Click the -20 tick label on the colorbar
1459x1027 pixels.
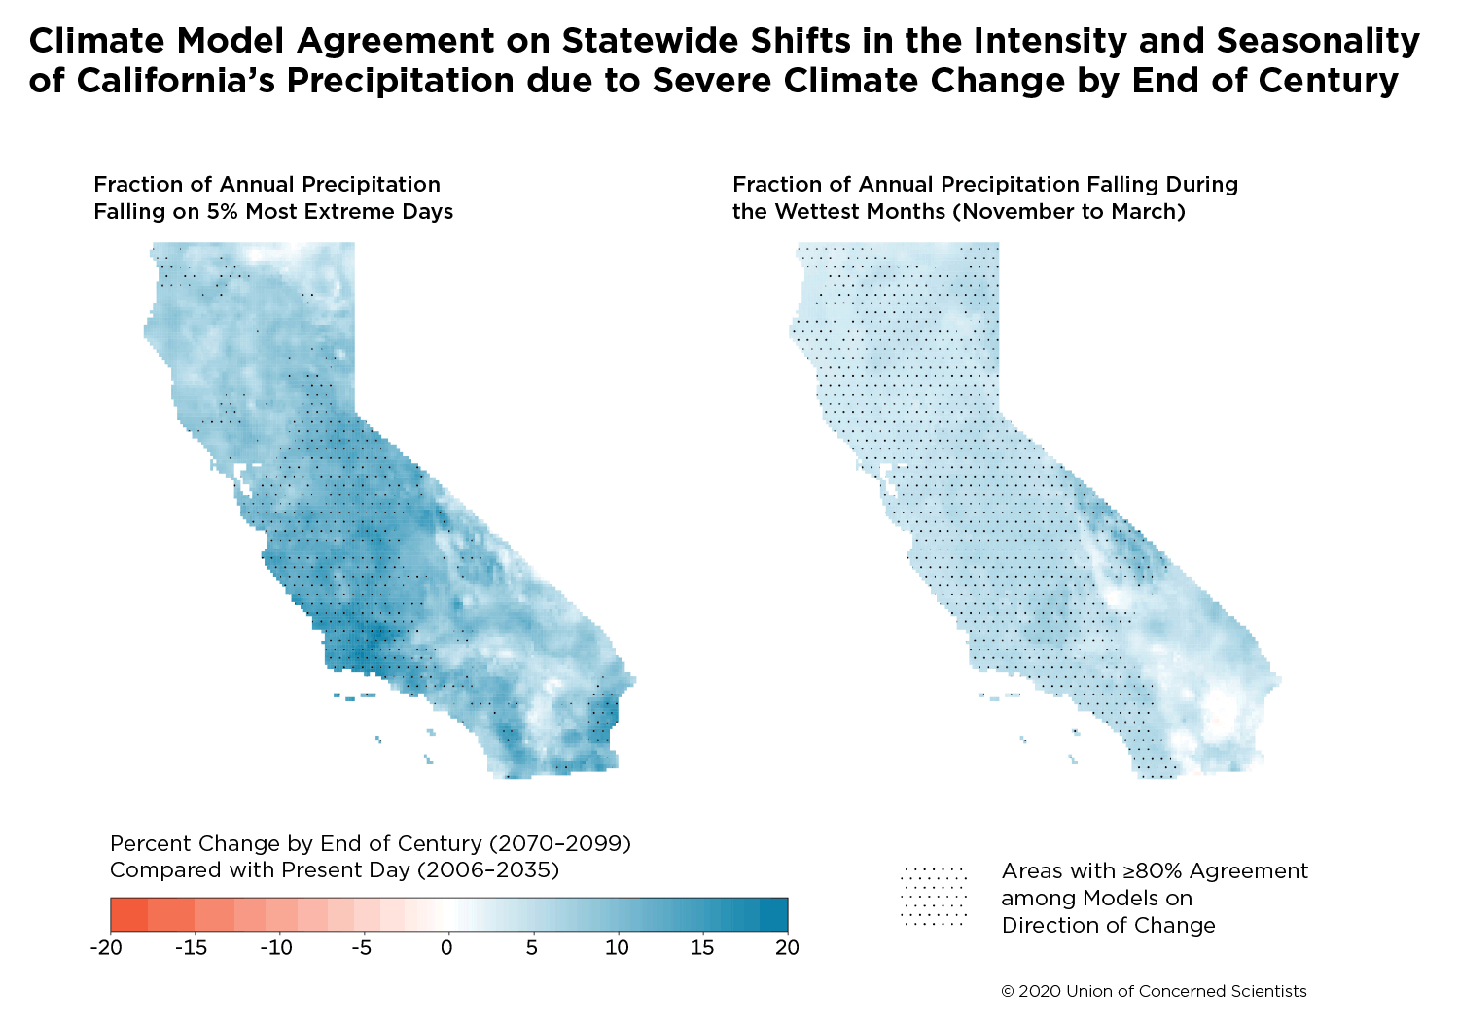[x=106, y=947]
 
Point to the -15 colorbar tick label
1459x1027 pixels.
[x=192, y=947]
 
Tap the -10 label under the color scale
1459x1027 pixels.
[x=276, y=947]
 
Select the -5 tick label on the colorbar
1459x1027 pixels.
[x=362, y=947]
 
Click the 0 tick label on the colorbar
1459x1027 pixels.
[x=446, y=947]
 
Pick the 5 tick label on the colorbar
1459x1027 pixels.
[x=532, y=947]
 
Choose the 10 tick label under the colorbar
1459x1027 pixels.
[x=617, y=947]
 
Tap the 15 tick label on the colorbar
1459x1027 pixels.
[x=702, y=947]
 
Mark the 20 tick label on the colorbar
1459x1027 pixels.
[x=788, y=947]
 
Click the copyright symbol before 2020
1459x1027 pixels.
[x=1008, y=992]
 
